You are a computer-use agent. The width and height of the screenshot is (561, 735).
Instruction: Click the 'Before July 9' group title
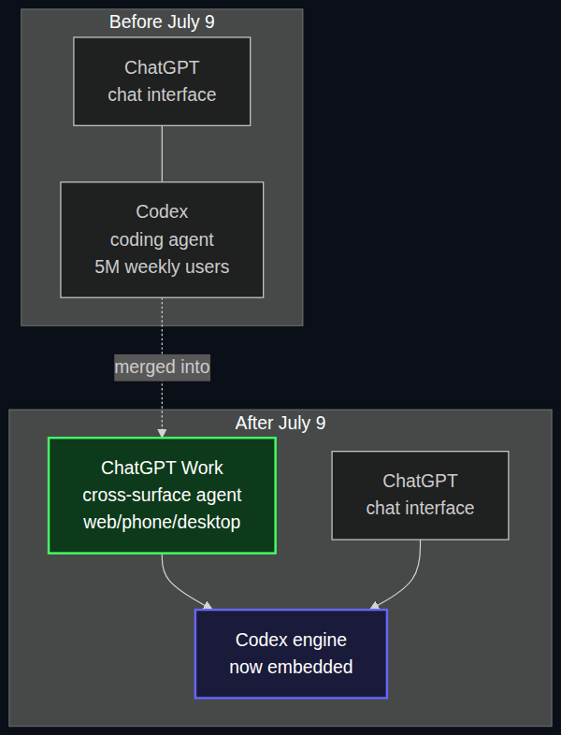[162, 22]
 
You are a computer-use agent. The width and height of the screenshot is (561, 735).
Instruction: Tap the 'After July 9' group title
[280, 424]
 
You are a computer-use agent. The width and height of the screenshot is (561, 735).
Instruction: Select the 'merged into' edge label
[162, 367]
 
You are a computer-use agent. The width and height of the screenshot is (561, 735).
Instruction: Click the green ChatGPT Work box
[162, 496]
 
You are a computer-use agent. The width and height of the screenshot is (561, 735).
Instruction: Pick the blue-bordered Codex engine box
[291, 654]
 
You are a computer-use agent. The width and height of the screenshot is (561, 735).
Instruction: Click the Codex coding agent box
[162, 239]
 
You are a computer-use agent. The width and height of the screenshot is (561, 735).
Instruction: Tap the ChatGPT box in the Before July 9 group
[162, 81]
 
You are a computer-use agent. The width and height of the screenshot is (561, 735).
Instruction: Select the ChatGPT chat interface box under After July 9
[420, 496]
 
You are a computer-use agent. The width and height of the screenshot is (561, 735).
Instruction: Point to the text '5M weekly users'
[162, 267]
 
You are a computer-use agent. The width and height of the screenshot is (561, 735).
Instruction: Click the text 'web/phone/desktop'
[162, 522]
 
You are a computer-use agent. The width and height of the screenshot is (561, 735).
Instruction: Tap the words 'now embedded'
[291, 667]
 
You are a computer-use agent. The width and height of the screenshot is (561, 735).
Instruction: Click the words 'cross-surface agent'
[162, 495]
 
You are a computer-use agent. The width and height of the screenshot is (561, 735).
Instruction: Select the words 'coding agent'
[162, 240]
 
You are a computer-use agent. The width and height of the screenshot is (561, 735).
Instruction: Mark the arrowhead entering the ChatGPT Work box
[162, 433]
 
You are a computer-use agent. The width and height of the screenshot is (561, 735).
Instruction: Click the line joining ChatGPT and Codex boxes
[162, 153]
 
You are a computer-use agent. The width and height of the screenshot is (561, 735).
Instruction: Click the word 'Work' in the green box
[202, 468]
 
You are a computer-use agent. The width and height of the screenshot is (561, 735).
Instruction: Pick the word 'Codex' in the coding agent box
[162, 212]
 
